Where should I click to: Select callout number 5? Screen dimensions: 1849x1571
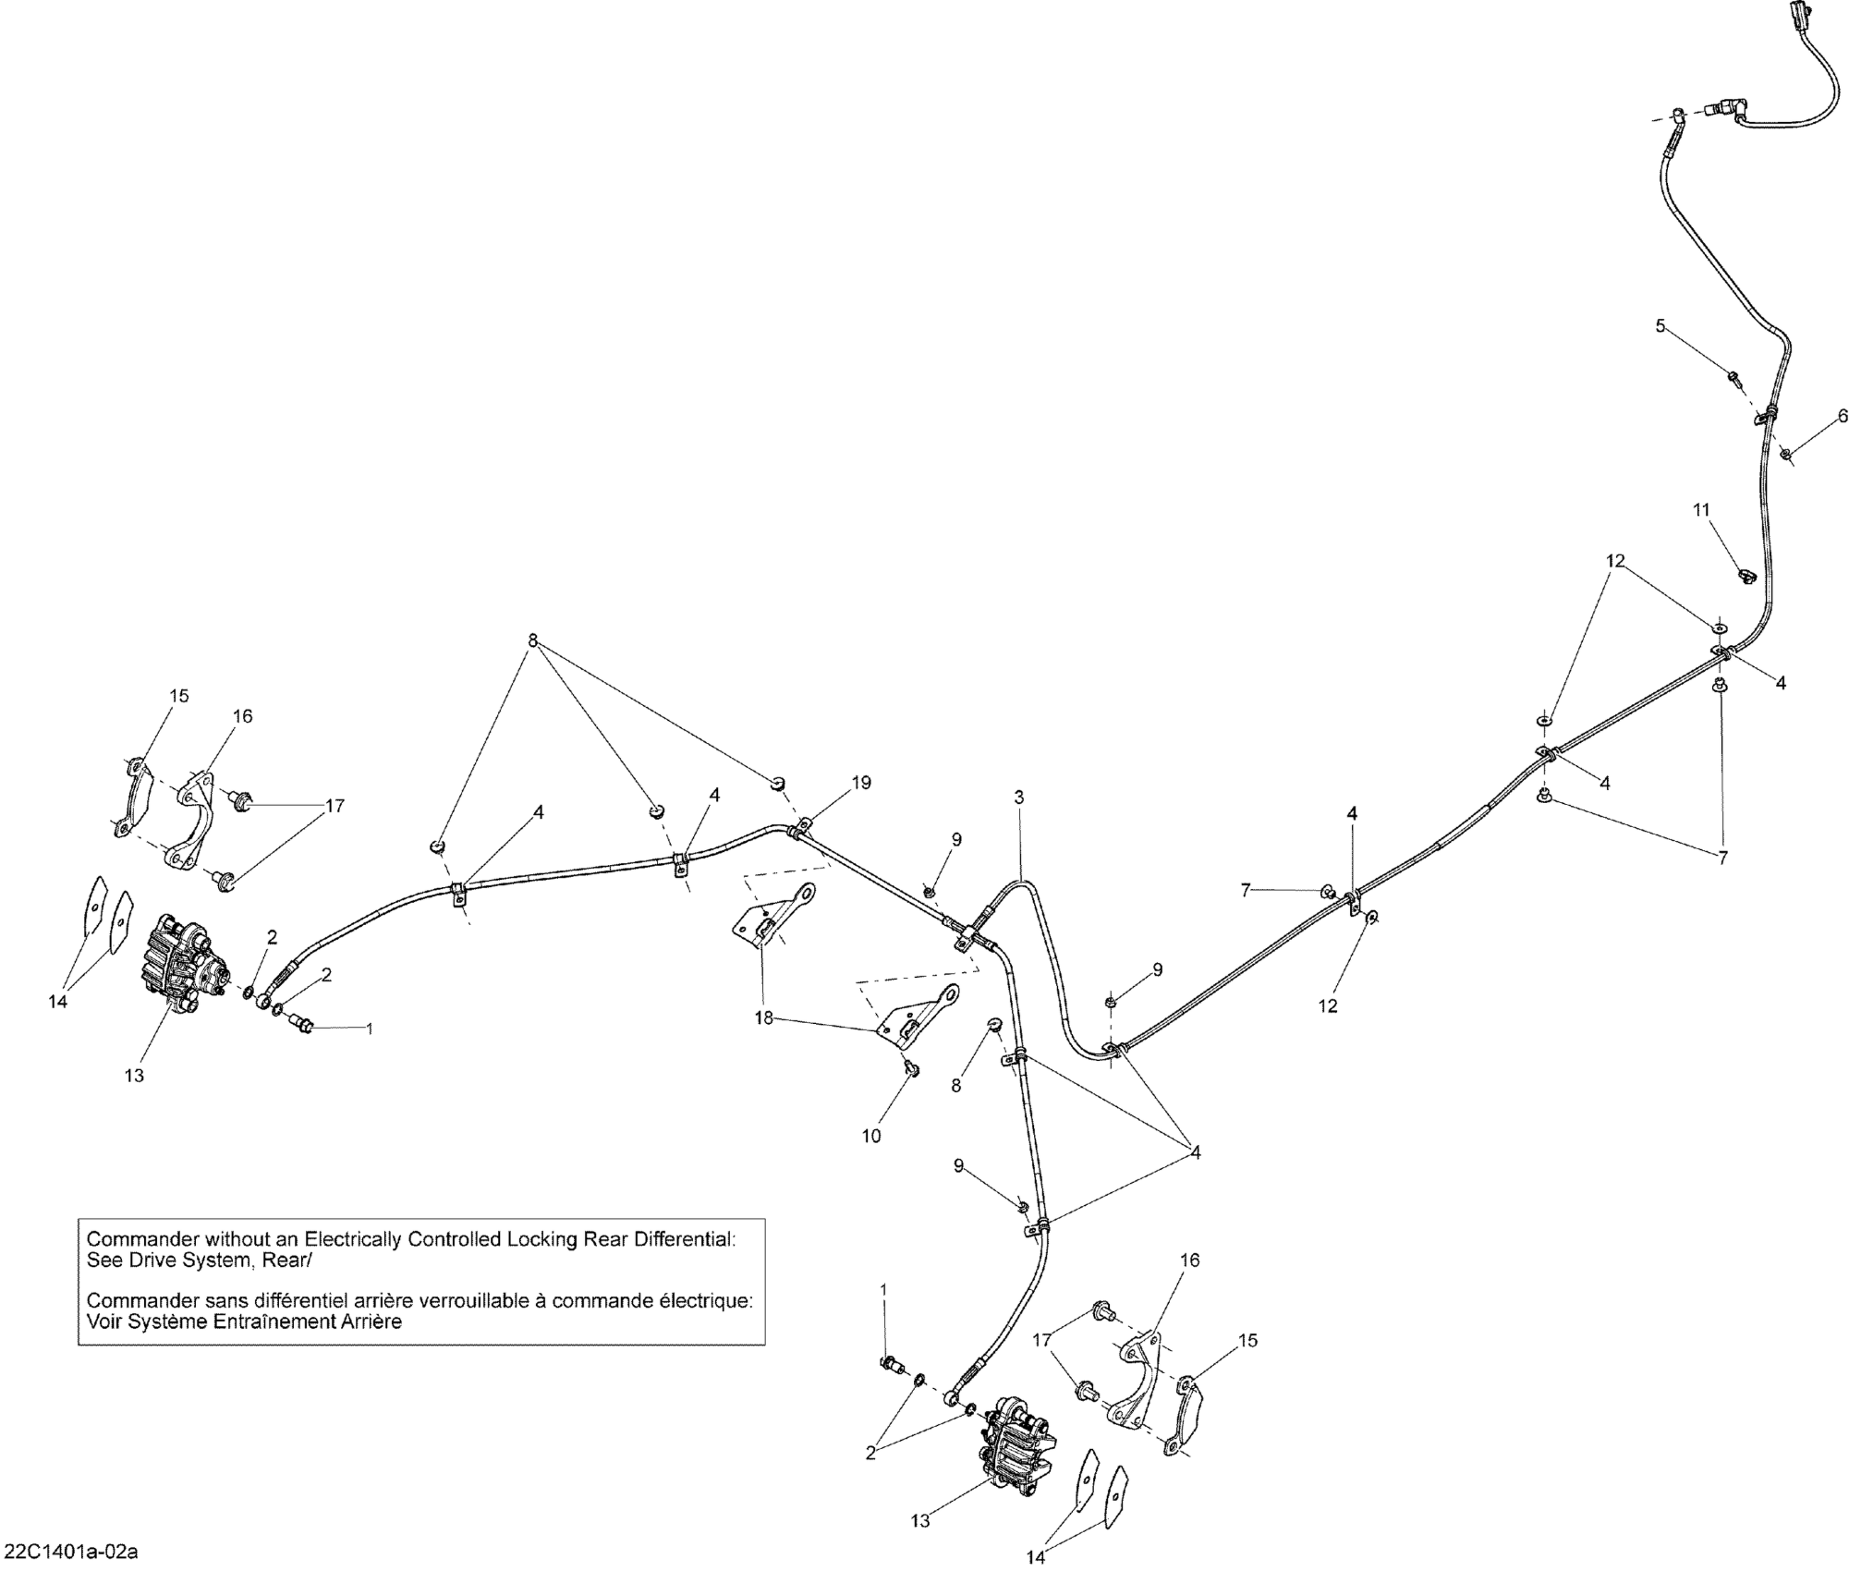point(1660,325)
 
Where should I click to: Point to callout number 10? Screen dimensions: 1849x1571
point(871,1137)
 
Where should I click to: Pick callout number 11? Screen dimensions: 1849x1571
point(1701,509)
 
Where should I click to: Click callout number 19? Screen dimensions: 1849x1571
point(861,783)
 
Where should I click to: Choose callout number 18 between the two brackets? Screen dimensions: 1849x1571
point(762,1018)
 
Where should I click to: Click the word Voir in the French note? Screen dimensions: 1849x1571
point(103,1321)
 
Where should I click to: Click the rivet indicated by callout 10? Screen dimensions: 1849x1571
point(910,1069)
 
